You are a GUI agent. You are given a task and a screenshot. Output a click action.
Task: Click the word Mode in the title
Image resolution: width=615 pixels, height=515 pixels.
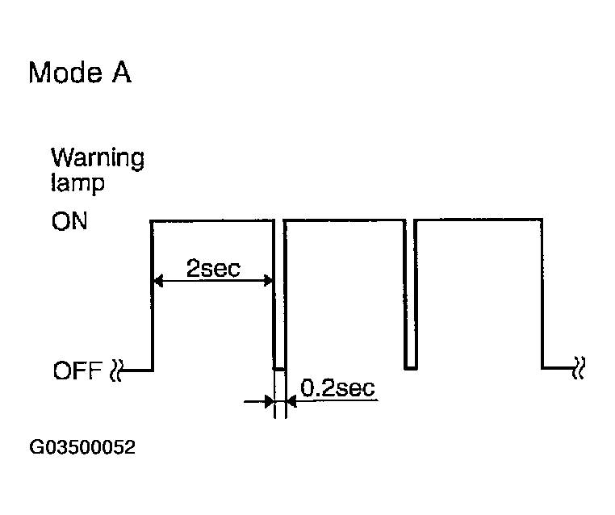pyautogui.click(x=65, y=73)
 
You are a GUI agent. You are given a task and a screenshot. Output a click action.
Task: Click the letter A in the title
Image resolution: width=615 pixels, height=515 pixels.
pyautogui.click(x=122, y=72)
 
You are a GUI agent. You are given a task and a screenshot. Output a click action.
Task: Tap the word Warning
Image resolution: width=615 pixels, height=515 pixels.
pyautogui.click(x=98, y=158)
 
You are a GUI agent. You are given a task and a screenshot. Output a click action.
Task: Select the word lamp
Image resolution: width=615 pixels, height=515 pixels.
pyautogui.click(x=77, y=182)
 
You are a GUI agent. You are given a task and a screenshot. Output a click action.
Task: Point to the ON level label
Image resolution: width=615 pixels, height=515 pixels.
pyautogui.click(x=69, y=221)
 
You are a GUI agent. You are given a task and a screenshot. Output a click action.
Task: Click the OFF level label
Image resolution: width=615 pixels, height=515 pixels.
pyautogui.click(x=77, y=371)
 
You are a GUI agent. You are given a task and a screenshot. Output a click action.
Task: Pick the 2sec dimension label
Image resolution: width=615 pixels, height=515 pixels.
pyautogui.click(x=213, y=268)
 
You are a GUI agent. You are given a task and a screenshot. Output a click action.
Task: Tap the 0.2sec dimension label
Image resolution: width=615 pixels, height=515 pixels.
pyautogui.click(x=337, y=388)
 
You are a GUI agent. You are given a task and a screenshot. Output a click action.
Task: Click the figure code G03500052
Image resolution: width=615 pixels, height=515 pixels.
pyautogui.click(x=82, y=447)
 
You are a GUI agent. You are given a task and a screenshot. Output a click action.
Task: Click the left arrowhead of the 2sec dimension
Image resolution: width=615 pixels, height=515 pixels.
pyautogui.click(x=157, y=281)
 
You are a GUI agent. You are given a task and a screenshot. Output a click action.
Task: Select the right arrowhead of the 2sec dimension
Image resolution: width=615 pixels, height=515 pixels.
pyautogui.click(x=268, y=280)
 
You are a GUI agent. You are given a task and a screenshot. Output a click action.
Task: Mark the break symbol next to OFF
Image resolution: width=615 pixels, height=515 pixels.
pyautogui.click(x=116, y=370)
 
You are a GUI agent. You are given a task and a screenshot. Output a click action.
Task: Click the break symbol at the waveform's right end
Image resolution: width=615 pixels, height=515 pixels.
pyautogui.click(x=579, y=368)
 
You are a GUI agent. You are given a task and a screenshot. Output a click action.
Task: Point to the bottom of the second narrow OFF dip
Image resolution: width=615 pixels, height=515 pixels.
pyautogui.click(x=410, y=368)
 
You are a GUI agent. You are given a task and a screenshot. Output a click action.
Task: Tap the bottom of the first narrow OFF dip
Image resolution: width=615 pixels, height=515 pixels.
pyautogui.click(x=279, y=369)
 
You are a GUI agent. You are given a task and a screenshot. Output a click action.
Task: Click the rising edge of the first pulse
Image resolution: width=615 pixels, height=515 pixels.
pyautogui.click(x=152, y=295)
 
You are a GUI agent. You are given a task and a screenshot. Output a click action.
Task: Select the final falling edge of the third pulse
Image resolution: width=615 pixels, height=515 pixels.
pyautogui.click(x=542, y=294)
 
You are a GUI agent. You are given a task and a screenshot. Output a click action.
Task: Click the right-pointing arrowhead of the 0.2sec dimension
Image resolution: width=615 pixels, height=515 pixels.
pyautogui.click(x=269, y=402)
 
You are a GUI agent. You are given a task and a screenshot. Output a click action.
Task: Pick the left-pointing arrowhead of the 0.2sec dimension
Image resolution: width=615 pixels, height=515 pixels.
pyautogui.click(x=291, y=401)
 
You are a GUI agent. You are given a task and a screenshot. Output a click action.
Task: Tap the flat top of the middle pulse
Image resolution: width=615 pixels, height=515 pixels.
pyautogui.click(x=345, y=220)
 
